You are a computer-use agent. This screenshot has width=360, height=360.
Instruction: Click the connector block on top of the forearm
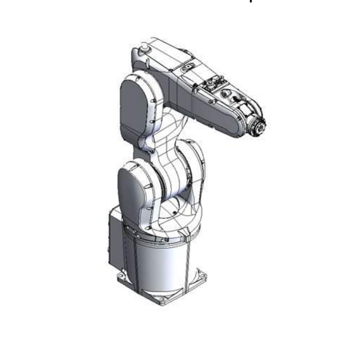coord(211,86)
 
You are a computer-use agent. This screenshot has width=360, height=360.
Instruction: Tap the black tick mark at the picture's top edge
coord(250,1)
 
